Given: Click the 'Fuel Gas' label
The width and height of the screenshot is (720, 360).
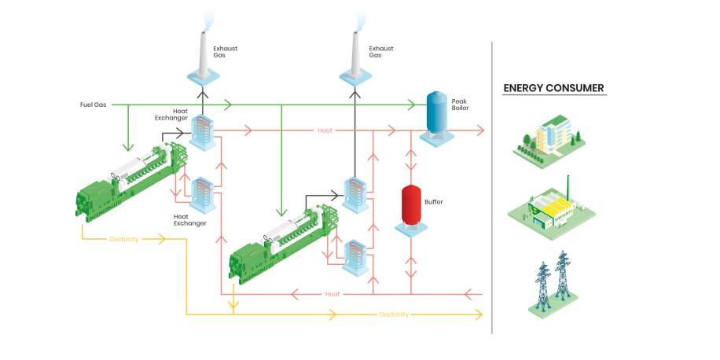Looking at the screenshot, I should [x=93, y=105].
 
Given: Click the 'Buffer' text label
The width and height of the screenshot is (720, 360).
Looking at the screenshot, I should [x=434, y=202].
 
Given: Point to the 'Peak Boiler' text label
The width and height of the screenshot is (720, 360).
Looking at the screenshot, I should [x=460, y=105].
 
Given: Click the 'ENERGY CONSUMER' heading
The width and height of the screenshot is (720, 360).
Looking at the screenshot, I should [x=553, y=88].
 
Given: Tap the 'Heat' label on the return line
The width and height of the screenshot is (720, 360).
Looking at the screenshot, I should [x=332, y=294].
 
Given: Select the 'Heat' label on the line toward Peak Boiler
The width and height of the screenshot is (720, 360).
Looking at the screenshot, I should [x=325, y=130].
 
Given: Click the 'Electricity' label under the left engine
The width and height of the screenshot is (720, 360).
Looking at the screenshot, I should [x=123, y=239].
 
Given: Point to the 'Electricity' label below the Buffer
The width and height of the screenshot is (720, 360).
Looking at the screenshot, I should [x=394, y=314].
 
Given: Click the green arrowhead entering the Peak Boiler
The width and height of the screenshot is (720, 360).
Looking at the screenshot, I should [x=410, y=105].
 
